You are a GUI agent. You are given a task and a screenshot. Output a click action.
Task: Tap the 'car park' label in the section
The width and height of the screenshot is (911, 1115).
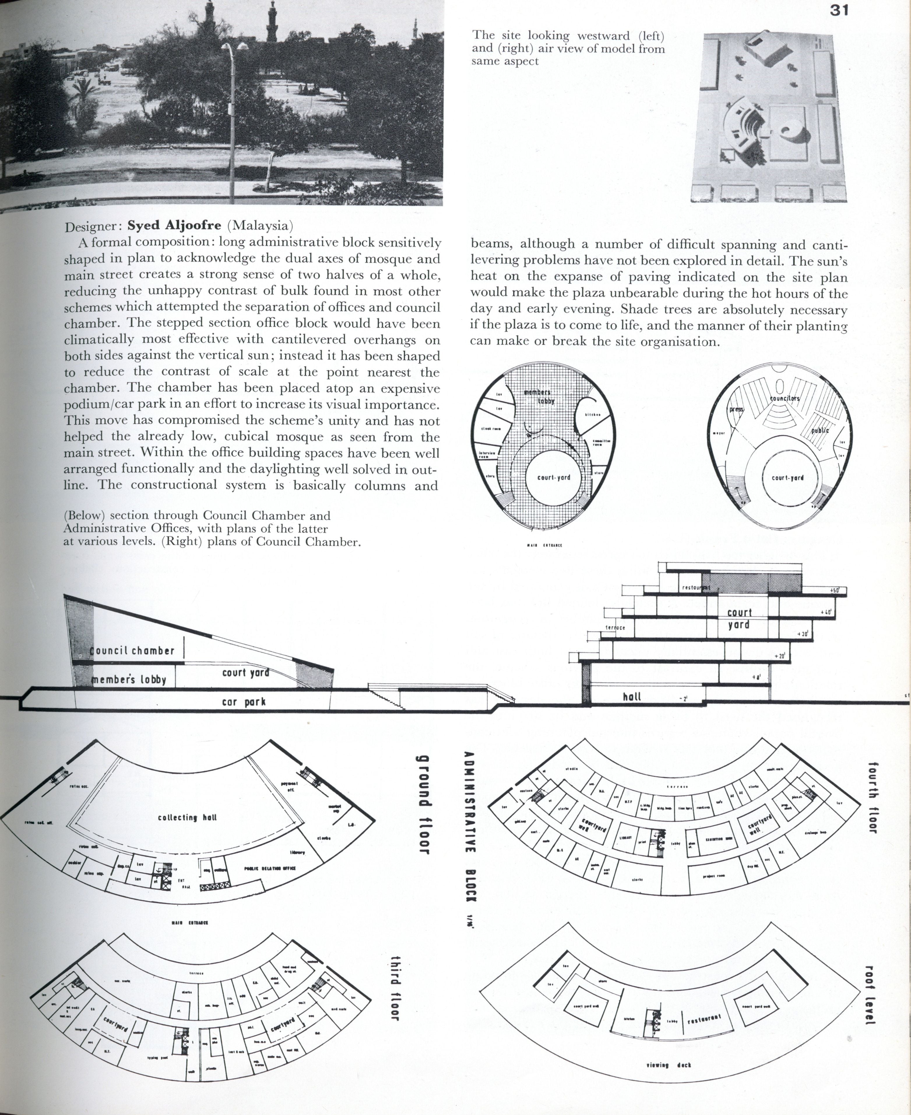click(244, 702)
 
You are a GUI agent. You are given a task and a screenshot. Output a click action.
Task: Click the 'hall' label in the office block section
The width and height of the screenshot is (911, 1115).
click(632, 696)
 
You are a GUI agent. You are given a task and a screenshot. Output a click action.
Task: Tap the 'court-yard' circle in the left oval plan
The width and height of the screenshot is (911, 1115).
click(554, 478)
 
